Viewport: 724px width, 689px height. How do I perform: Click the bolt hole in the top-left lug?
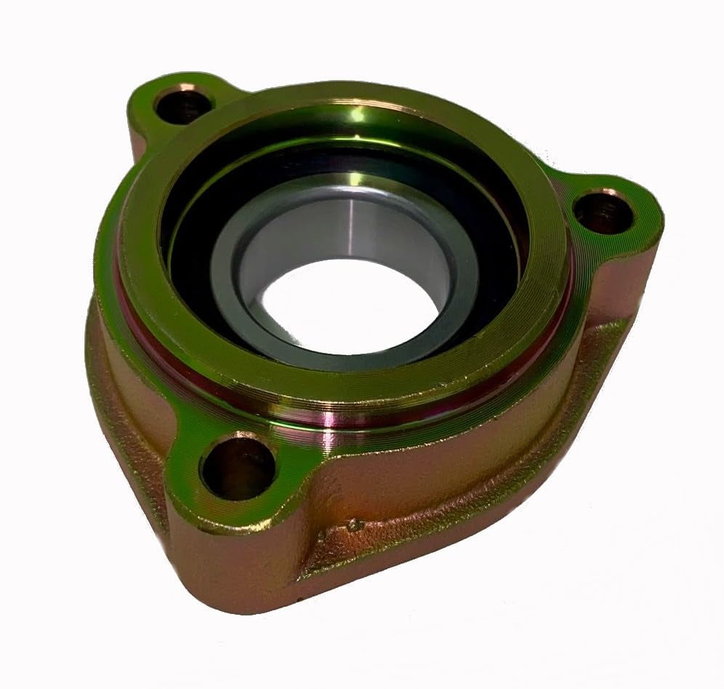[182, 106]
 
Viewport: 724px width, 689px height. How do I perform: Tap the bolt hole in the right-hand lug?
[603, 211]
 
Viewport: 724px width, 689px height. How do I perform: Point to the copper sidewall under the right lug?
[618, 291]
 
